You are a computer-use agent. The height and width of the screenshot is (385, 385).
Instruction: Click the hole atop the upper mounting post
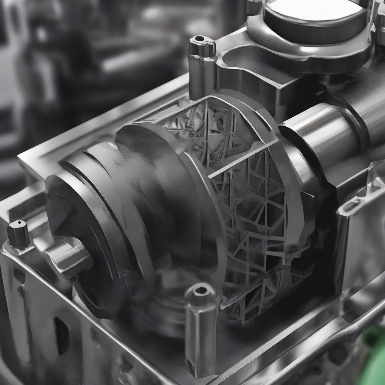[201, 39]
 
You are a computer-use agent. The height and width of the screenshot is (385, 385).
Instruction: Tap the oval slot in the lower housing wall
[60, 331]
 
